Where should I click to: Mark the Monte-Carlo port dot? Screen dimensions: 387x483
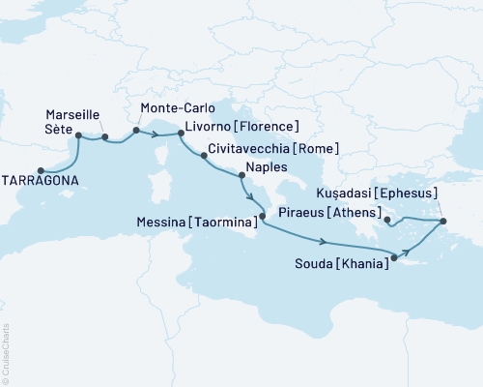(x=136, y=130)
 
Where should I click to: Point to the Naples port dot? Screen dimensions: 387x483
(x=241, y=176)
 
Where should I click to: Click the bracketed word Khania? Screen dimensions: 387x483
(x=364, y=262)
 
